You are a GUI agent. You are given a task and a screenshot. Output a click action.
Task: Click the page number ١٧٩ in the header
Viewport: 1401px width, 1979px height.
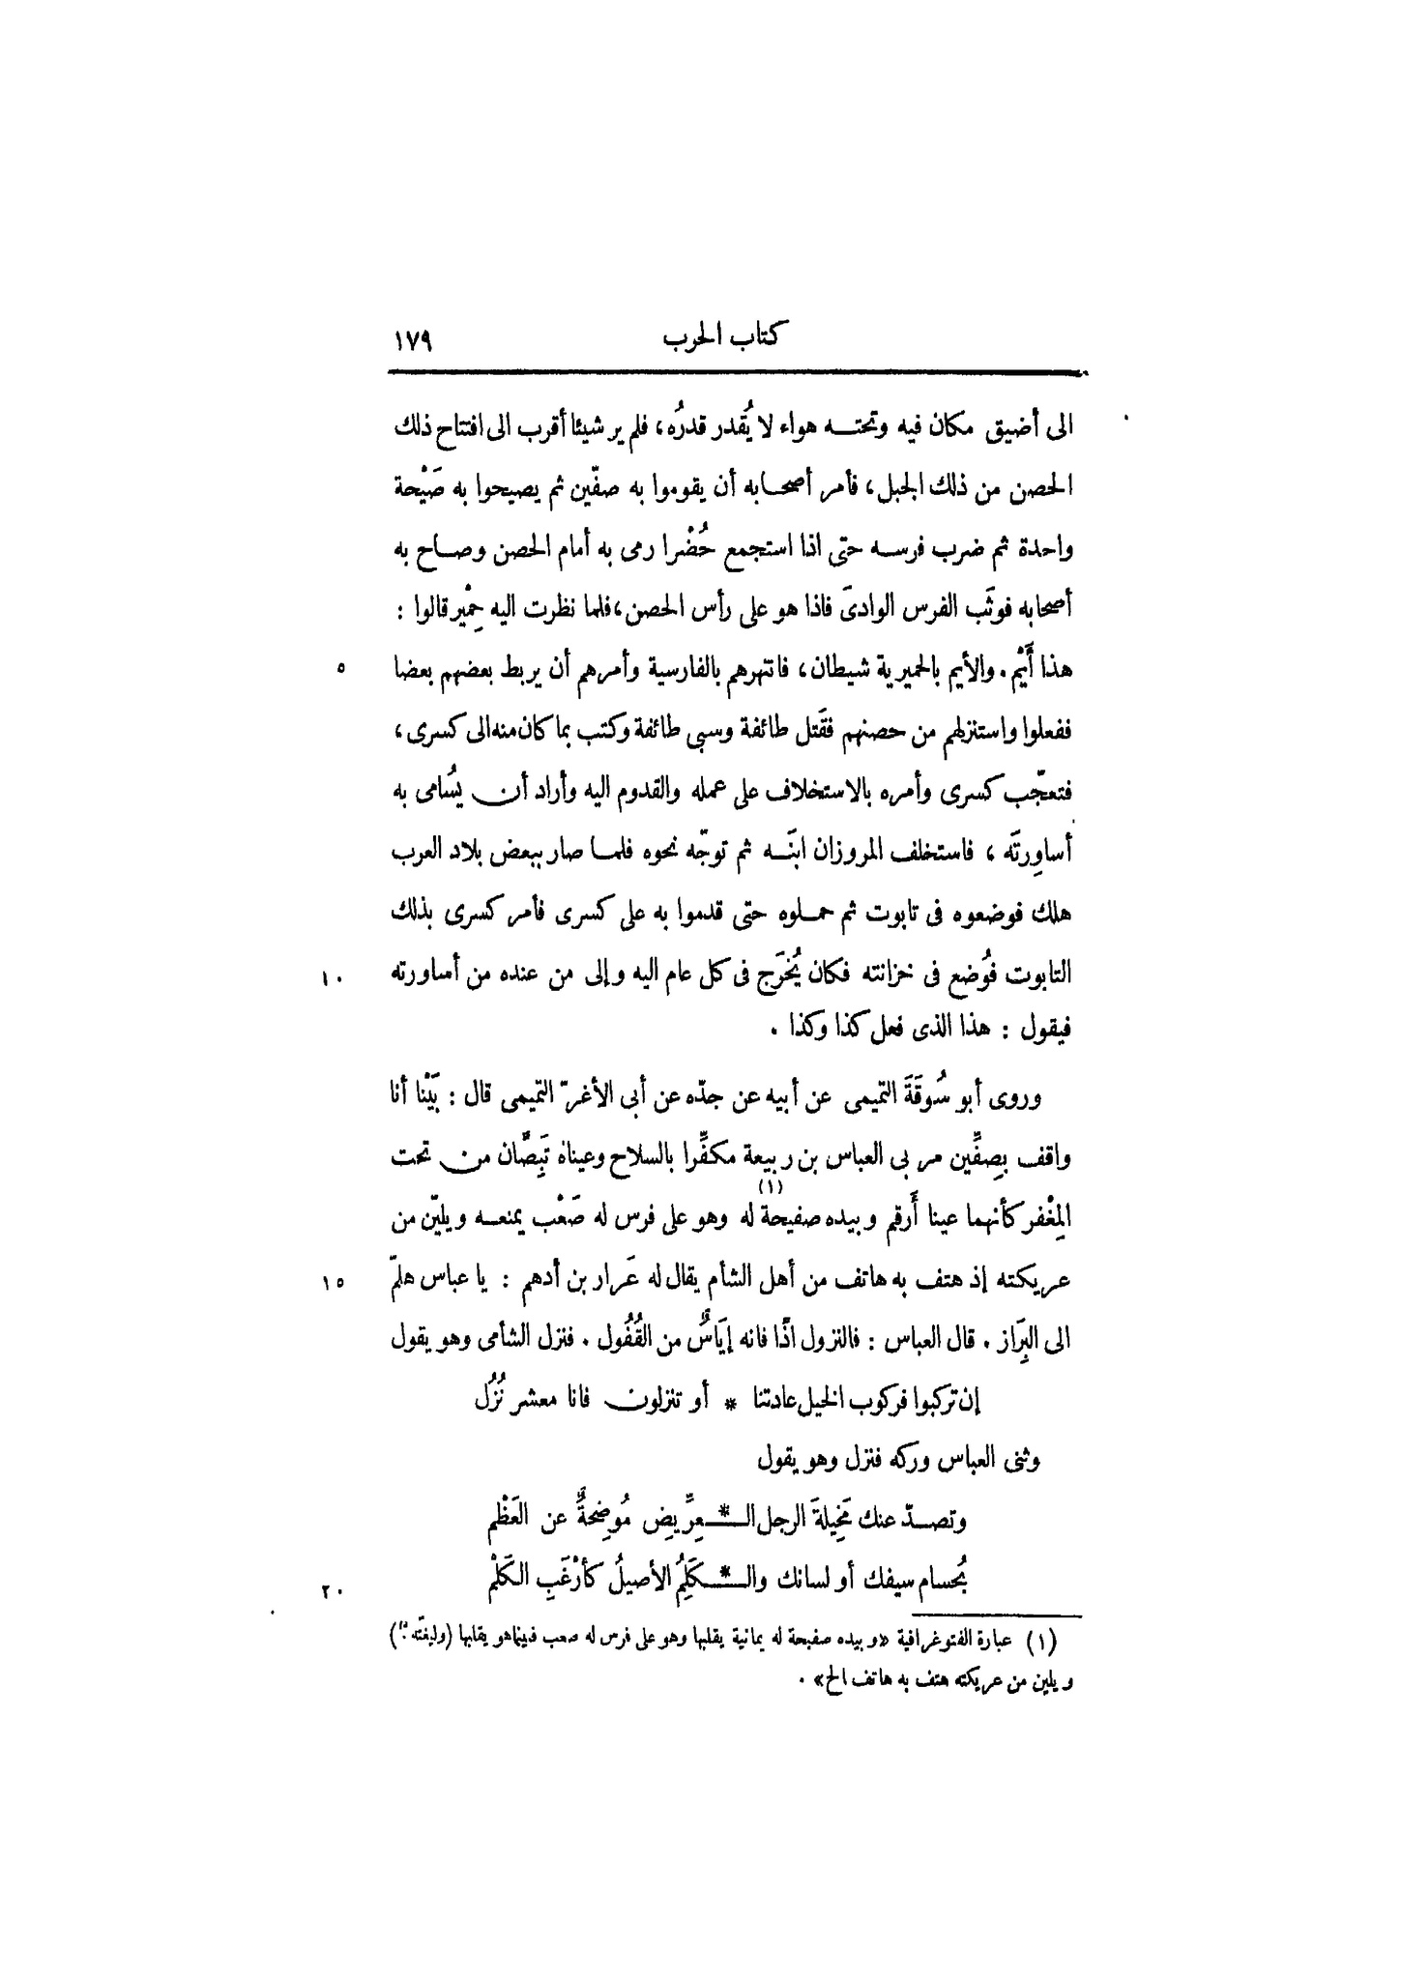tap(412, 343)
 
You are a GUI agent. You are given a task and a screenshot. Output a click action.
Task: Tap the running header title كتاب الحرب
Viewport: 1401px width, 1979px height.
tap(724, 341)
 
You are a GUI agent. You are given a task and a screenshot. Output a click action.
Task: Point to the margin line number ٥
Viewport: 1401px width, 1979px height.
tap(341, 667)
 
